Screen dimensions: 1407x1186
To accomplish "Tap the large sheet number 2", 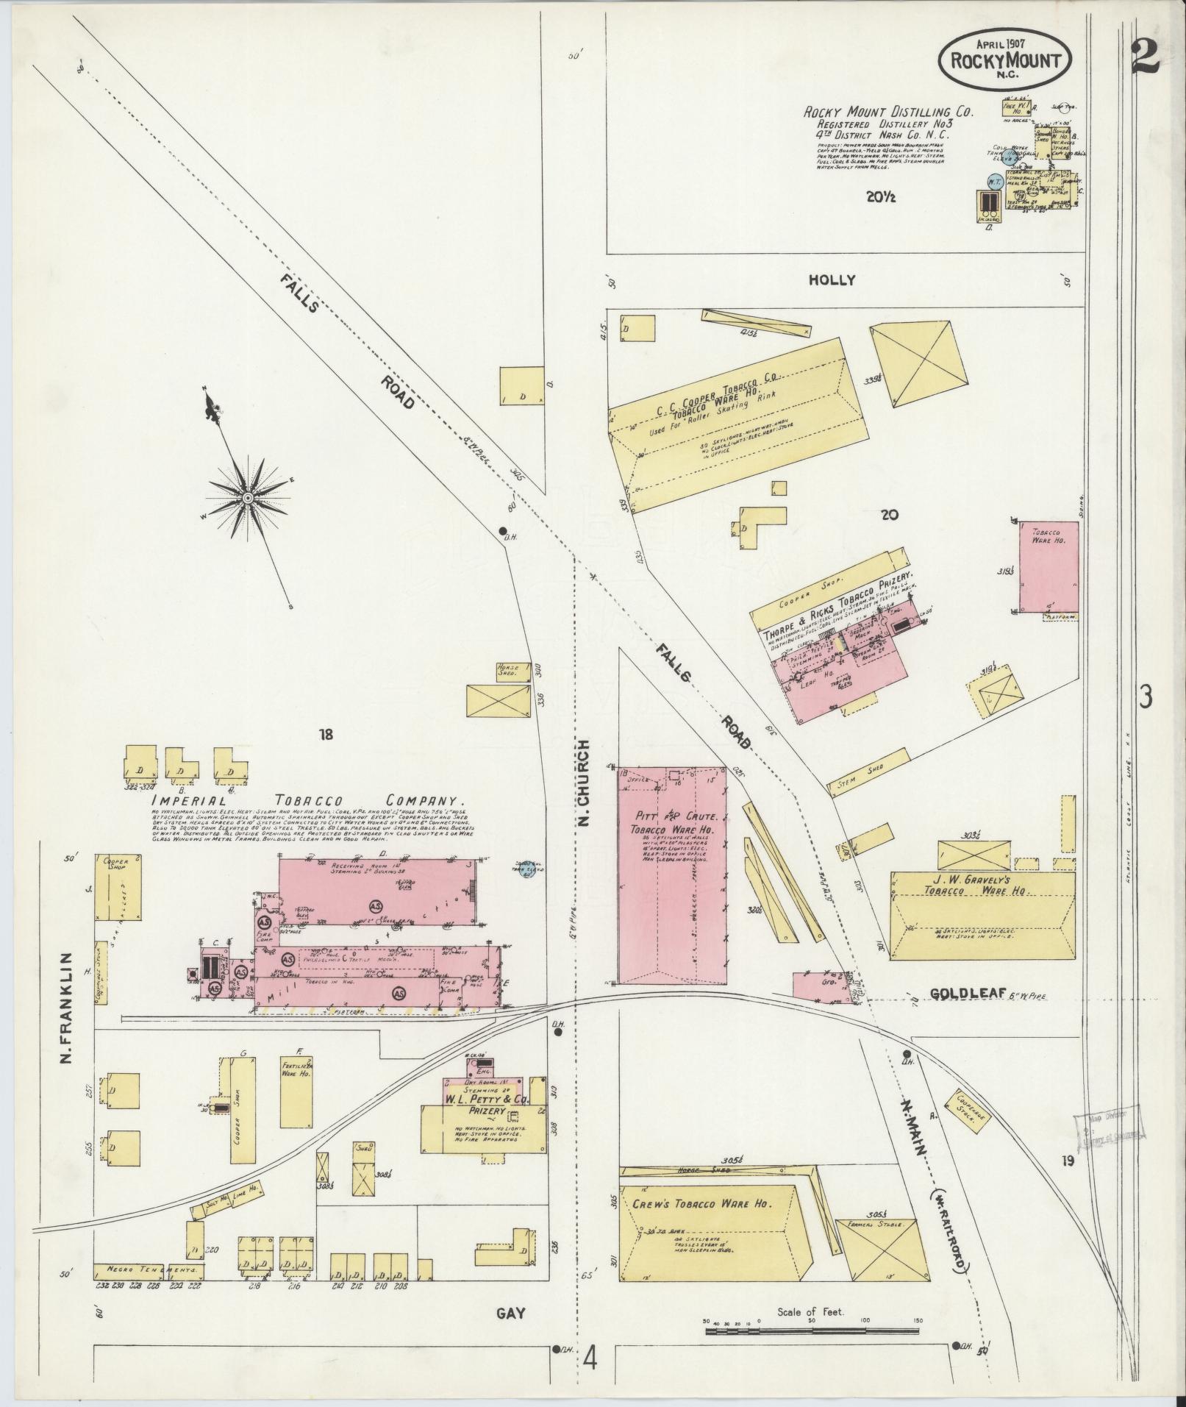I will click(x=1145, y=55).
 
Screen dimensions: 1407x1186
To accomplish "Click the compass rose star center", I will click(x=248, y=499).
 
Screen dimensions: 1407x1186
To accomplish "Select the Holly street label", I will click(x=832, y=280).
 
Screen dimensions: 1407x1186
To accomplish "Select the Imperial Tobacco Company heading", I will click(x=308, y=800).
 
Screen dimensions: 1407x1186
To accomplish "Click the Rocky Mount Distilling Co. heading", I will click(x=887, y=113).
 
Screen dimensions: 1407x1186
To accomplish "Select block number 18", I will click(x=326, y=733).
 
